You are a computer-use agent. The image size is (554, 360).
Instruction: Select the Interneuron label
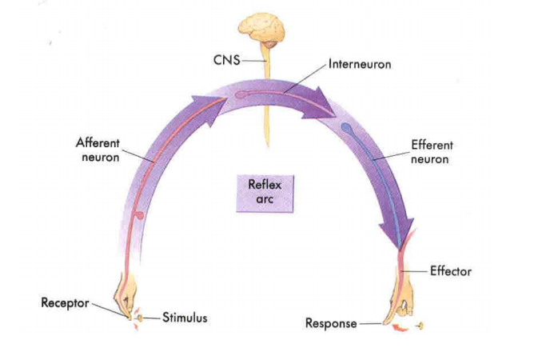click(x=360, y=64)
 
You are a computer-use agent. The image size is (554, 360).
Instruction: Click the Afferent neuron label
click(x=98, y=150)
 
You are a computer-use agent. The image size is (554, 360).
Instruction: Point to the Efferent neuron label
click(x=432, y=152)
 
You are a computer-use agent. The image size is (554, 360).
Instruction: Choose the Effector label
click(x=450, y=271)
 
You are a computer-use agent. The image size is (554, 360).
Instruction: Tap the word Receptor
click(x=66, y=303)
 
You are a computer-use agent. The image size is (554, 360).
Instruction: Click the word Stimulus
click(x=185, y=318)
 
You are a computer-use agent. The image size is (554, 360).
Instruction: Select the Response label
click(x=331, y=324)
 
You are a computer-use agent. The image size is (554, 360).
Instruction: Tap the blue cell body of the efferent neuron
click(x=346, y=127)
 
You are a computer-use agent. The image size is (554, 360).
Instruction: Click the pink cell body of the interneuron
click(x=240, y=94)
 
